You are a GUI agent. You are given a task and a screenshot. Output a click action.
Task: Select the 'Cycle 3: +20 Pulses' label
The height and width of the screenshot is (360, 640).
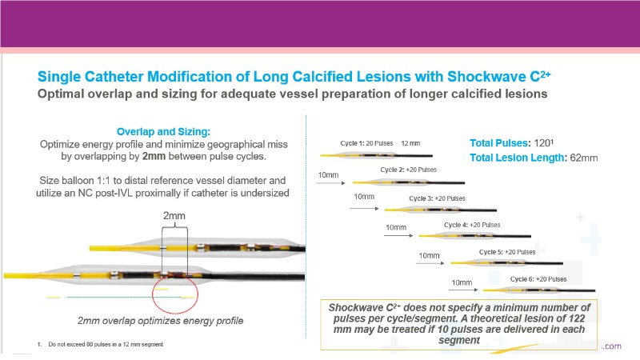pyautogui.click(x=437, y=198)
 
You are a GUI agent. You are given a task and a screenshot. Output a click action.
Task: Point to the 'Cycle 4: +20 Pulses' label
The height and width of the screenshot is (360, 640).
pyautogui.click(x=472, y=225)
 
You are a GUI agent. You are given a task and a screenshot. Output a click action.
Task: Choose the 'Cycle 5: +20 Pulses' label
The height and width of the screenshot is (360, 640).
pyautogui.click(x=507, y=252)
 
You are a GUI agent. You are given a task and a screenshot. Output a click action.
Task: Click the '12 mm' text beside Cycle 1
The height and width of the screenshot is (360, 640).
pyautogui.click(x=410, y=142)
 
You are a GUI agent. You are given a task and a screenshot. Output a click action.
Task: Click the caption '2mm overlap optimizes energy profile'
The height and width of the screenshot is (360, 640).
pyautogui.click(x=160, y=321)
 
